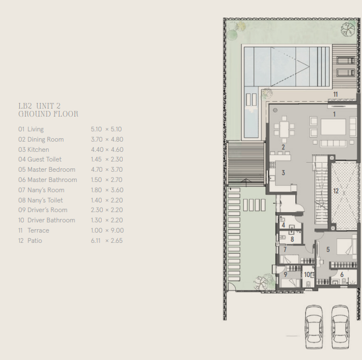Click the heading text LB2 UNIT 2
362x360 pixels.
(x=39, y=106)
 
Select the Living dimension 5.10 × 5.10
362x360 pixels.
(x=106, y=129)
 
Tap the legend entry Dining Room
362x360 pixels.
(x=45, y=139)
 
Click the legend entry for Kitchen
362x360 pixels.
(x=38, y=150)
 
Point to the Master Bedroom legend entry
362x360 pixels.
(x=51, y=169)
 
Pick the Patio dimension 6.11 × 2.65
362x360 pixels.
(x=107, y=241)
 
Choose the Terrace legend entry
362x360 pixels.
(x=38, y=230)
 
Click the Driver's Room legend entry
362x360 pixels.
(x=47, y=210)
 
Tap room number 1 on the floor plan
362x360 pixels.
(x=334, y=114)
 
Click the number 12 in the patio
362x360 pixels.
(x=336, y=191)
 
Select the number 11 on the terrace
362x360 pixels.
(x=335, y=94)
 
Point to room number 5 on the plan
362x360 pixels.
(x=328, y=249)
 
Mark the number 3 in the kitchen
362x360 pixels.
(x=283, y=172)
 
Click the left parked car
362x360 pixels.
(x=314, y=326)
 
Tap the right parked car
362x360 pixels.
(x=340, y=326)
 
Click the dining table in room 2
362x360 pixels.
(x=284, y=130)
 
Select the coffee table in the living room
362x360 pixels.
(x=333, y=127)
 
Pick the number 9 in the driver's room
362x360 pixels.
(x=285, y=275)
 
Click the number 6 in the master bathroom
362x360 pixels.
(x=342, y=275)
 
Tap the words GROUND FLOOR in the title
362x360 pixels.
(x=48, y=114)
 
